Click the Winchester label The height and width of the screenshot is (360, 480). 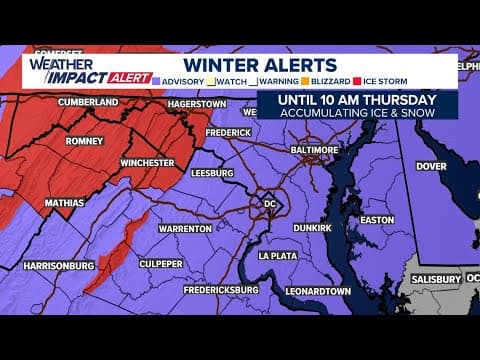[x=146, y=162]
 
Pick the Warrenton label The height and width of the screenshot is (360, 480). [x=184, y=229]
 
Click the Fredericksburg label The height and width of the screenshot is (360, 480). [x=220, y=290]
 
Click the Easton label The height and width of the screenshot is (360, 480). [x=377, y=219]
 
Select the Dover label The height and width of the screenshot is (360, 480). [x=430, y=166]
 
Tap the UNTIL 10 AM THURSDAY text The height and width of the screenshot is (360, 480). [x=357, y=99]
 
